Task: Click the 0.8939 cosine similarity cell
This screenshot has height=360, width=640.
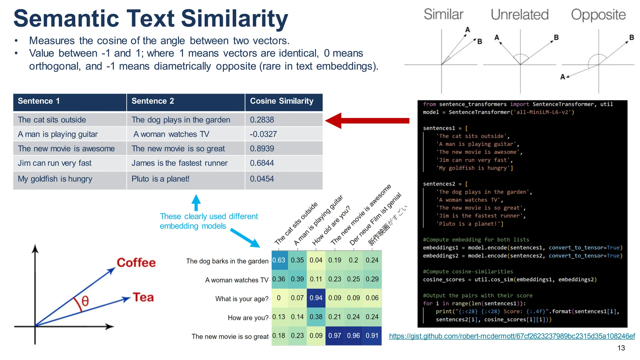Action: pos(262,149)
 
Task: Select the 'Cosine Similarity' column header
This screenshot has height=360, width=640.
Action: pos(282,101)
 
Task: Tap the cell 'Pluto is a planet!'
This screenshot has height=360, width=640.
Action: pos(160,179)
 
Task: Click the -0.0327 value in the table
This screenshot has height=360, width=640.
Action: pos(263,134)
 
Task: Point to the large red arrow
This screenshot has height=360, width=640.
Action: pos(367,121)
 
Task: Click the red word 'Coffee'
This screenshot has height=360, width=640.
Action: pos(136,263)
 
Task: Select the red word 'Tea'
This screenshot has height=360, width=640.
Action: pos(143,297)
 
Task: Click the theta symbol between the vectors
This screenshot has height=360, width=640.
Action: pos(85,301)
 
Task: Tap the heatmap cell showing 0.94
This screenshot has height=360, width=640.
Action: pos(316,298)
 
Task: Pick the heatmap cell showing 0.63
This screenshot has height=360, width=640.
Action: pos(279,260)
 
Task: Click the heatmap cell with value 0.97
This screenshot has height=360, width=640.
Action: pos(335,336)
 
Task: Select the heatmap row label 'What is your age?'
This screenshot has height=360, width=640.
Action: pos(242,299)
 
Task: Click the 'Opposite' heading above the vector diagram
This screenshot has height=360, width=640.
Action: pos(598,15)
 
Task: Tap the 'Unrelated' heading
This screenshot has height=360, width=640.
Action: pos(519,15)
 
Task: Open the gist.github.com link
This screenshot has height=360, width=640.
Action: pos(512,336)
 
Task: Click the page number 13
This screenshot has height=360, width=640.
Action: pos(621,348)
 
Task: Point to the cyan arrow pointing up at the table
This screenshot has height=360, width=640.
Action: pos(196,202)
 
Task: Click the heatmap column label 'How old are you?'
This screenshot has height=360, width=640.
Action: pos(331,226)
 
